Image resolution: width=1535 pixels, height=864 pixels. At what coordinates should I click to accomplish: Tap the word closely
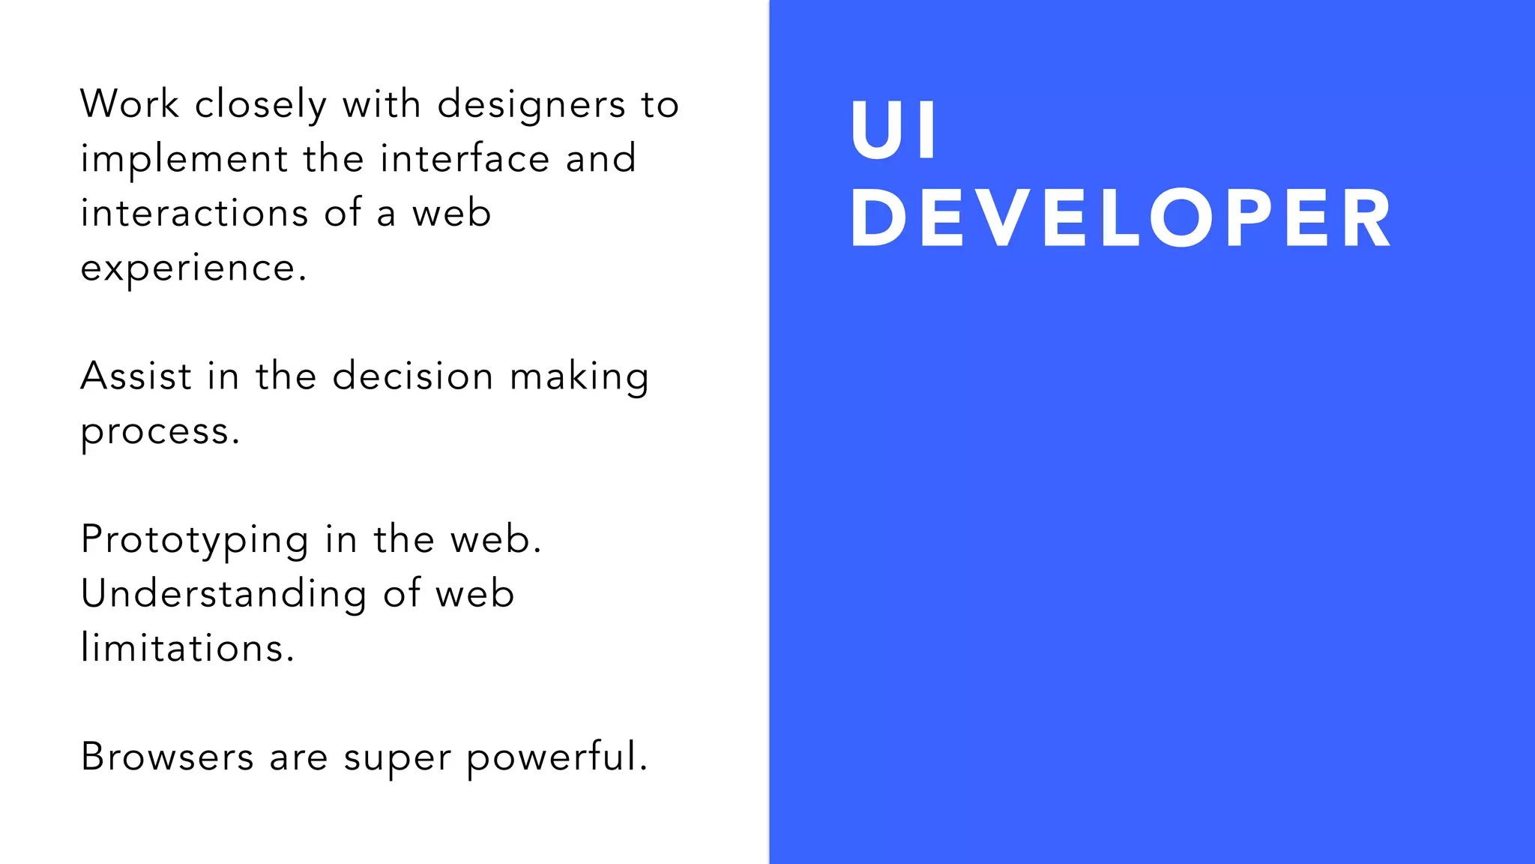pyautogui.click(x=261, y=105)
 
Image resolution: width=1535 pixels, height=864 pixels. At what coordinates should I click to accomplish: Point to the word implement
pyautogui.click(x=184, y=160)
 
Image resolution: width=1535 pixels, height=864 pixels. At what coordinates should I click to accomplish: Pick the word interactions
pyautogui.click(x=195, y=213)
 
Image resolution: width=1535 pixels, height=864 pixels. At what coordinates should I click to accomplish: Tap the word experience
pyautogui.click(x=193, y=268)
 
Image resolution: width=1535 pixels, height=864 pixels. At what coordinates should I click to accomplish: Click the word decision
pyautogui.click(x=413, y=376)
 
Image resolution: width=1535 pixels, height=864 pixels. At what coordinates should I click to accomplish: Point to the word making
pyautogui.click(x=579, y=377)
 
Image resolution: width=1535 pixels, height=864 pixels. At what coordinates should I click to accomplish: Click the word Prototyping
pyautogui.click(x=195, y=540)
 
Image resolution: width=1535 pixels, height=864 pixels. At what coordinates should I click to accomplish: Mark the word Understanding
pyautogui.click(x=224, y=595)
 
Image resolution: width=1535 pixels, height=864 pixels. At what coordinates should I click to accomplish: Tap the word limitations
pyautogui.click(x=187, y=648)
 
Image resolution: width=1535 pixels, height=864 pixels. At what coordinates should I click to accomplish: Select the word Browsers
pyautogui.click(x=167, y=756)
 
